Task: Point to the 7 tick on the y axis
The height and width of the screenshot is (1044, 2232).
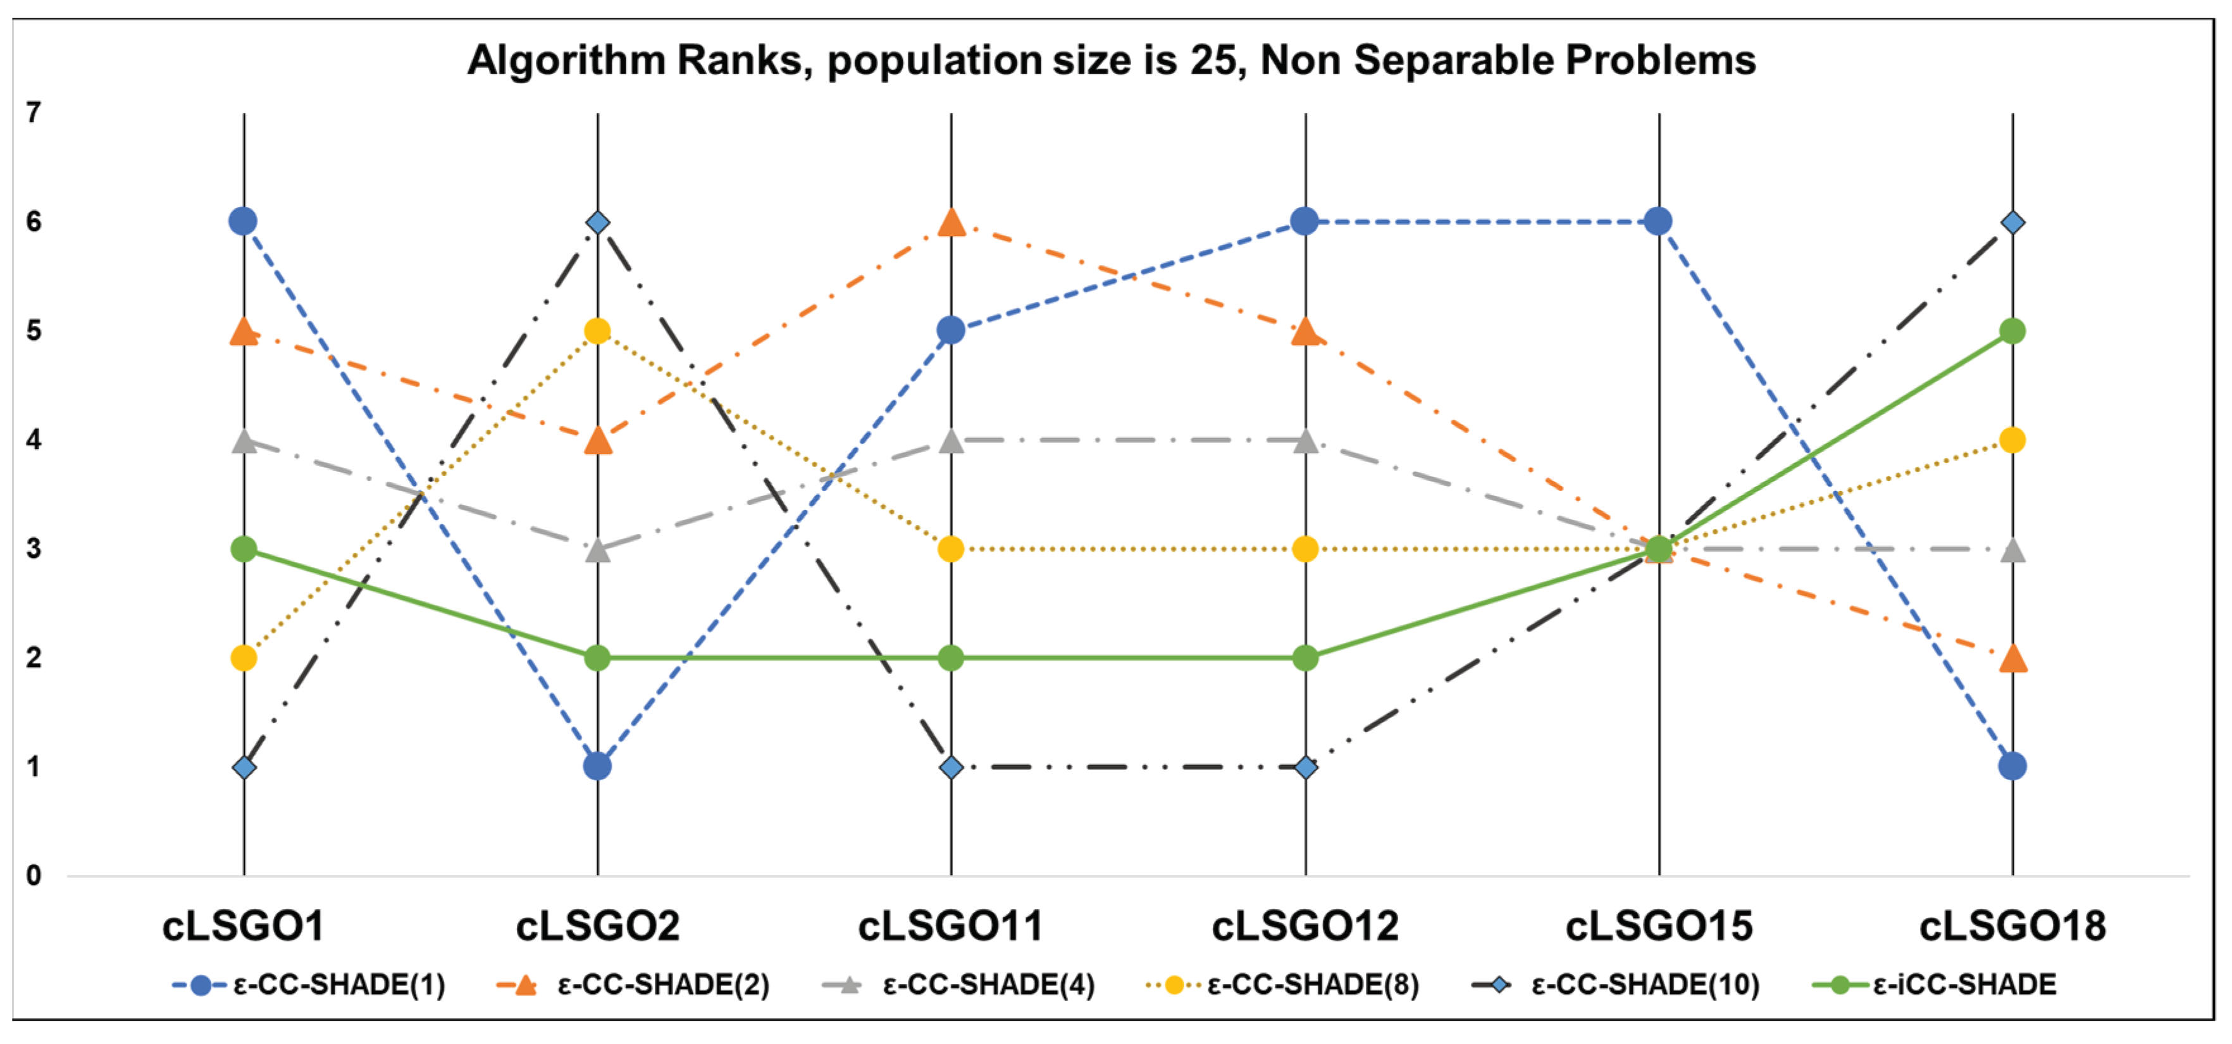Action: point(34,113)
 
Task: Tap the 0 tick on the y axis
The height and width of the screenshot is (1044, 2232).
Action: point(34,876)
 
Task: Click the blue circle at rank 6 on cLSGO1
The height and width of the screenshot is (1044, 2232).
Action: point(244,222)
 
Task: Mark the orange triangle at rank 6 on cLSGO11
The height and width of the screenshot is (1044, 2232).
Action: point(952,223)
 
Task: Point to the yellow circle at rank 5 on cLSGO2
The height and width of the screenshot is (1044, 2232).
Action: point(597,331)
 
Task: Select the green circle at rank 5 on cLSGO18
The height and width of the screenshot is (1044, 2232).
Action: point(2012,331)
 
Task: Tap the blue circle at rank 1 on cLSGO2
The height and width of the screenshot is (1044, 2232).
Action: point(597,766)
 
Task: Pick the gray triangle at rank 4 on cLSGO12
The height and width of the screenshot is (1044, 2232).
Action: point(1305,441)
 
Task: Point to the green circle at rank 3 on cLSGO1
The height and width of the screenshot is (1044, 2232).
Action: point(244,549)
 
